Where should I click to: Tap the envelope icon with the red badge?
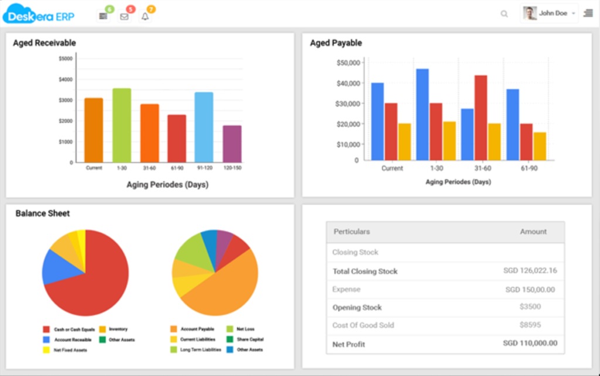point(124,16)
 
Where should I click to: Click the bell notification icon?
point(145,16)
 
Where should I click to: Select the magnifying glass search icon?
point(504,14)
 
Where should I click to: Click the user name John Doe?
point(553,13)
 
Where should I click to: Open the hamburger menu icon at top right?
point(588,13)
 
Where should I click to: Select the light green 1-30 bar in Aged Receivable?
point(122,126)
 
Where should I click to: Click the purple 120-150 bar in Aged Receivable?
point(232,144)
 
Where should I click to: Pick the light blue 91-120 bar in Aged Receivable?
point(204,127)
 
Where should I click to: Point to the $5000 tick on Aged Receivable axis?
point(66,58)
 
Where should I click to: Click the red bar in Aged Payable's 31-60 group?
point(480,117)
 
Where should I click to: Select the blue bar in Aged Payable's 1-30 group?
point(422,114)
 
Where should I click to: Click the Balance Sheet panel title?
point(42,213)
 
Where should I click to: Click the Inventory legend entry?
point(118,329)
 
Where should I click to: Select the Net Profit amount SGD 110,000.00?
point(530,343)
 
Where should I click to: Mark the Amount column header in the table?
point(533,232)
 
